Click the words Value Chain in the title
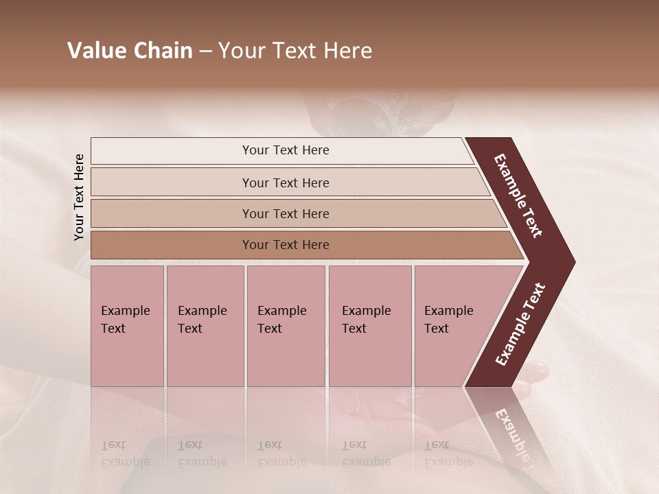(130, 51)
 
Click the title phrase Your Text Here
(295, 51)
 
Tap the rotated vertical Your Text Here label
(79, 197)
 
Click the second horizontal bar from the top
(285, 183)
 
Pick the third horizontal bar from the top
(285, 213)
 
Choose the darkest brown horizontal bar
(285, 245)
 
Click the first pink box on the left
(127, 326)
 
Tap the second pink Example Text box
(205, 326)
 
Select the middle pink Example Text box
(286, 326)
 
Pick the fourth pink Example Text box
(369, 326)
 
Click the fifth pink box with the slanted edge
(453, 326)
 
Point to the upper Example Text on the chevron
(518, 196)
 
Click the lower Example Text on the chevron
(520, 325)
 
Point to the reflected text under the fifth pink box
(448, 454)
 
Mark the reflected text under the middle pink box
(281, 454)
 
